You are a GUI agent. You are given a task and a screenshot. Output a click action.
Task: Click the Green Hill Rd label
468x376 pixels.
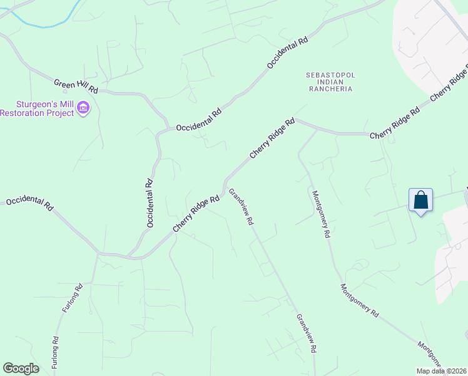(76, 86)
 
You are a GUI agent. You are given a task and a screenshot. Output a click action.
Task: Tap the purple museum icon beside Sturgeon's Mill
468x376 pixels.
(83, 109)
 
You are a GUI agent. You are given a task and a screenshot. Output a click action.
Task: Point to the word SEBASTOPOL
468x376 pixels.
(330, 75)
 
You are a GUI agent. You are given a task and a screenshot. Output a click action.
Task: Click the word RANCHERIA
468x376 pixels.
(330, 89)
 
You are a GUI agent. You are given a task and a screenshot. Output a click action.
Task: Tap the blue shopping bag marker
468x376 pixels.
(421, 201)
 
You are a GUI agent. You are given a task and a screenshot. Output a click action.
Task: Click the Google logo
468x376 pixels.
(21, 368)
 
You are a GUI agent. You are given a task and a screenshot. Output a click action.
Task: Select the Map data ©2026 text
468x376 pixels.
(440, 371)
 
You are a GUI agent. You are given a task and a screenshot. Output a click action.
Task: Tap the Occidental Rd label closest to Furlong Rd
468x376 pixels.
(30, 204)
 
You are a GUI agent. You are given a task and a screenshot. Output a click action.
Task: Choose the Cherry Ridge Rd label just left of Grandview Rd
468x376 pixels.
(196, 214)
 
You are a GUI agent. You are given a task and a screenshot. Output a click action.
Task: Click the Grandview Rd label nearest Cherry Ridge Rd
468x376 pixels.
(241, 207)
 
